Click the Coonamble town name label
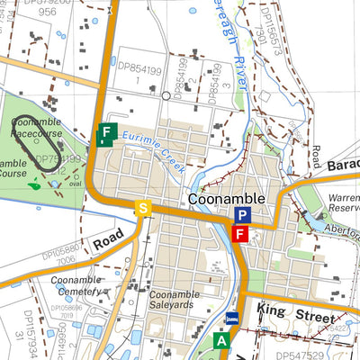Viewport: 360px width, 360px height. point(227,198)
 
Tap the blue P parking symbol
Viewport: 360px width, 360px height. point(241,215)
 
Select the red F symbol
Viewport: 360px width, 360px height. point(239,235)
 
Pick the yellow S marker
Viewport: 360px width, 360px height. point(141,209)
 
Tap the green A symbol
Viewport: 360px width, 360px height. point(221,340)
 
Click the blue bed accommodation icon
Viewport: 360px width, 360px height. point(232,319)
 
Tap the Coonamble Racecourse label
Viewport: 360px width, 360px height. point(36,127)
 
